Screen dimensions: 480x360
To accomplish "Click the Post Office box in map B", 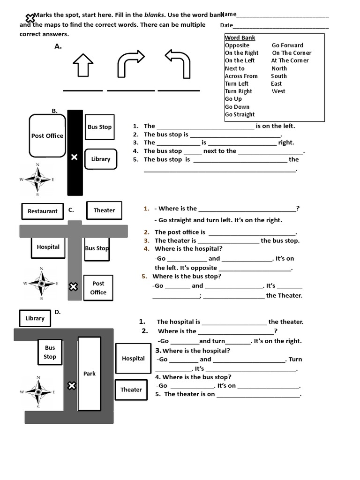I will tap(47, 135).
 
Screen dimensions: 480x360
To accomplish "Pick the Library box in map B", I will tap(100, 159).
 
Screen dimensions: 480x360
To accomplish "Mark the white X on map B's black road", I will tap(74, 157).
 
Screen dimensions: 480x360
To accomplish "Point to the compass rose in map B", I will tap(37, 179).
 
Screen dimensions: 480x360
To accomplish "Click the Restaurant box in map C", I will tap(42, 211).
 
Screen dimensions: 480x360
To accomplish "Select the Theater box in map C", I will tap(104, 210).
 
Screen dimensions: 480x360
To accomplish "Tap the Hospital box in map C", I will tap(48, 247).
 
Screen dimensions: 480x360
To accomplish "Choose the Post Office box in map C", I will tap(98, 288).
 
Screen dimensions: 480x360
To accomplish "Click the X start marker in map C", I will tap(73, 286).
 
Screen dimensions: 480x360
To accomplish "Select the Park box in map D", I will tap(90, 374).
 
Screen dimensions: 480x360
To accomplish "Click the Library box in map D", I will tap(35, 318).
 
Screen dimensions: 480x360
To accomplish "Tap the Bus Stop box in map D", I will tap(50, 352).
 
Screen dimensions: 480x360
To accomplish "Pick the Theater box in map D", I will tap(131, 390).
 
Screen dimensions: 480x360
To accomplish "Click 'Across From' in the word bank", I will tap(241, 76).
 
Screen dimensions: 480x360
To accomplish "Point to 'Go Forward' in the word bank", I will tap(287, 45).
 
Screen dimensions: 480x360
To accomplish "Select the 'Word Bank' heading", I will tap(240, 37).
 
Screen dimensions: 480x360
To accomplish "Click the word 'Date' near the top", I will tap(226, 25).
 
